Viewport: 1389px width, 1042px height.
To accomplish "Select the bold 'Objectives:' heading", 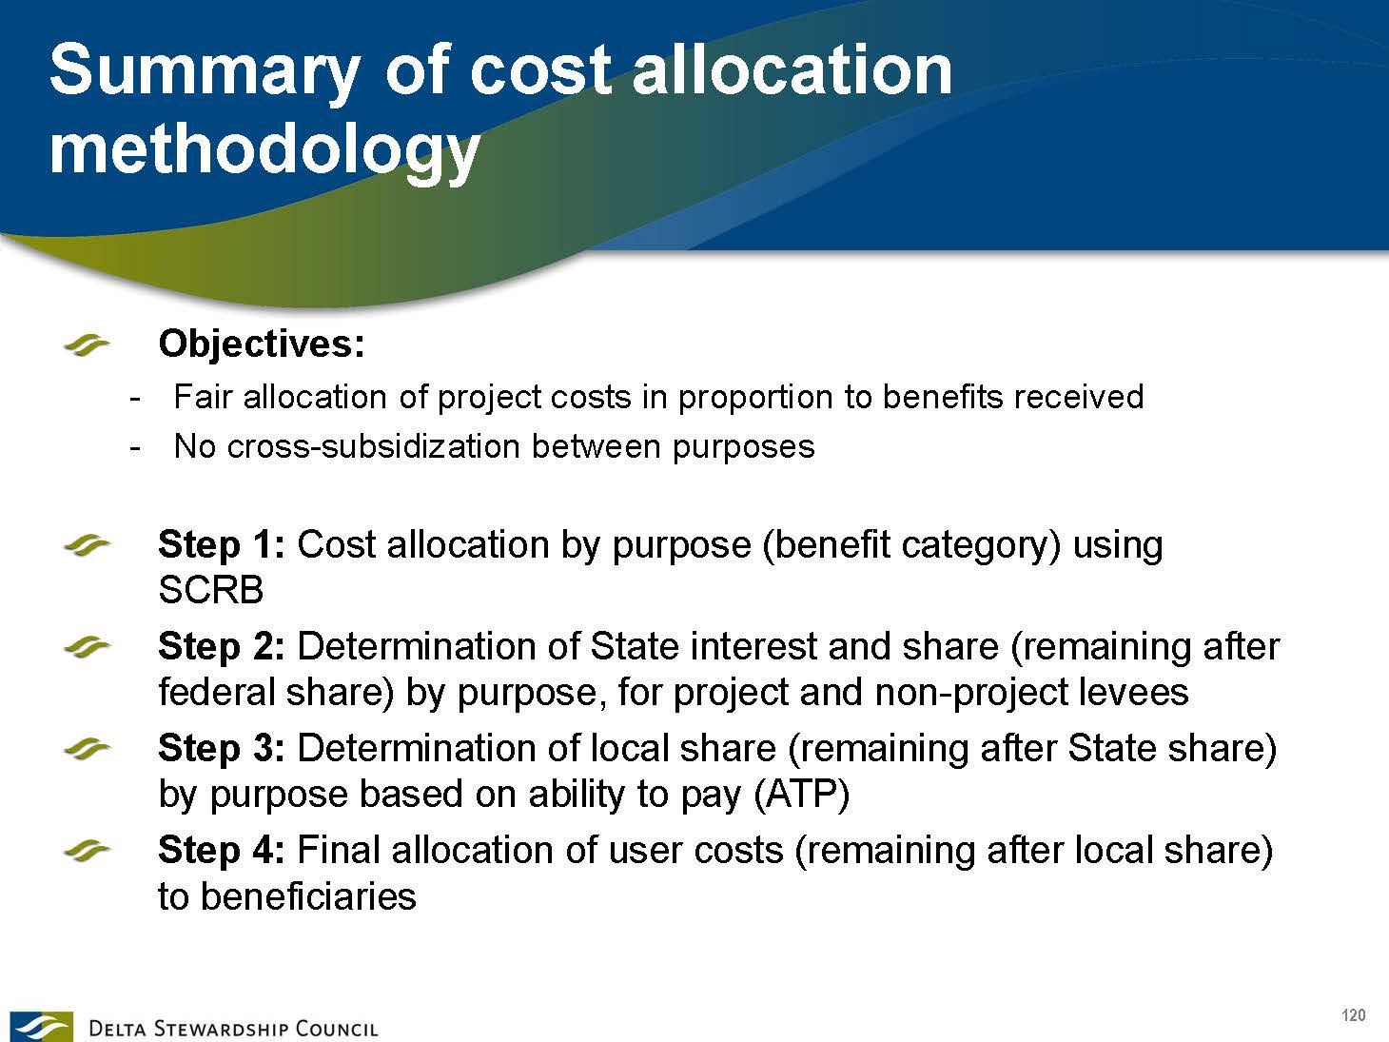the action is tap(262, 344).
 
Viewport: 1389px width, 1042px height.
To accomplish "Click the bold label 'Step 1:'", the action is tap(222, 545).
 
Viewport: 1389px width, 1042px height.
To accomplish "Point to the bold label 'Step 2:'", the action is tap(222, 647).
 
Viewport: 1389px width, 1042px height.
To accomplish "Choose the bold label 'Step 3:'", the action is tap(222, 749).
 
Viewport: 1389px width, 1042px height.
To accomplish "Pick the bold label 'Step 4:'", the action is tap(222, 850).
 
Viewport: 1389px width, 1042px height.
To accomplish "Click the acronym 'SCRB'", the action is tap(210, 591).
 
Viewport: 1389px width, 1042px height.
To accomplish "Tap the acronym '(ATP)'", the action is tap(801, 796).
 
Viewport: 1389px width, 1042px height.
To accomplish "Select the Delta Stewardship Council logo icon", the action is tap(41, 1026).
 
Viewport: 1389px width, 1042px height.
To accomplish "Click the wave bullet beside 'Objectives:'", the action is tap(87, 346).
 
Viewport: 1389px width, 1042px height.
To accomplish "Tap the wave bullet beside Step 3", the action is tap(87, 750).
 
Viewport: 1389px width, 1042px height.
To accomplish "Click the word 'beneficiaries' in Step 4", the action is tap(308, 896).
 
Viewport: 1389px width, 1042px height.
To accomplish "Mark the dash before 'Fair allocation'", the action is tap(133, 400).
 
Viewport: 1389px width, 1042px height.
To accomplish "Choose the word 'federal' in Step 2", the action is tap(216, 692).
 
